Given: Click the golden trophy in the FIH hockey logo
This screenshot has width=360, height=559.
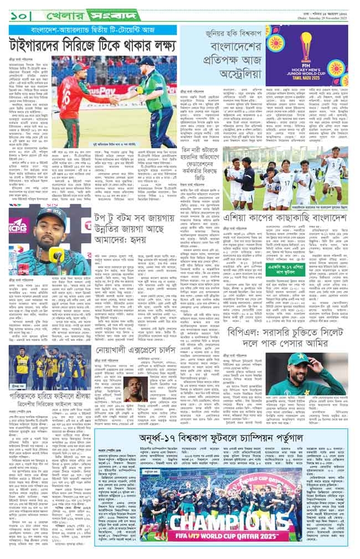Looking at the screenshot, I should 306,43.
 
